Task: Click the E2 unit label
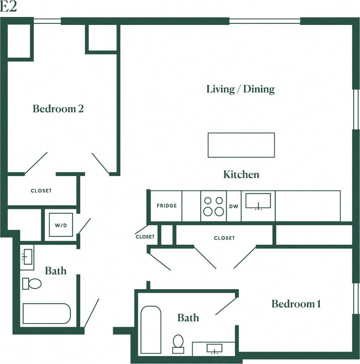[x=9, y=7]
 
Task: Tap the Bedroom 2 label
[x=58, y=108]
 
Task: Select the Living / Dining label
[x=240, y=89]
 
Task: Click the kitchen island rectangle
[x=241, y=145]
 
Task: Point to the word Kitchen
[x=241, y=175]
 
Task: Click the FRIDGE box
[x=167, y=206]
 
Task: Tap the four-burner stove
[x=213, y=206]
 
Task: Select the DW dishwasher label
[x=234, y=206]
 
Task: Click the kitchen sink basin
[x=258, y=201]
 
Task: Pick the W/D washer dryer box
[x=61, y=225]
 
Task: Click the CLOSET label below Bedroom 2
[x=41, y=190]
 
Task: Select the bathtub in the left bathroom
[x=47, y=313]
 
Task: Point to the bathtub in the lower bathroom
[x=151, y=330]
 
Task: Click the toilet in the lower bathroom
[x=178, y=343]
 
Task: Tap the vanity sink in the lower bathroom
[x=214, y=348]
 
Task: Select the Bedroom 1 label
[x=296, y=304]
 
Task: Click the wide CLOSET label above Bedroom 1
[x=224, y=238]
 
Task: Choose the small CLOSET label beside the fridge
[x=145, y=237]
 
